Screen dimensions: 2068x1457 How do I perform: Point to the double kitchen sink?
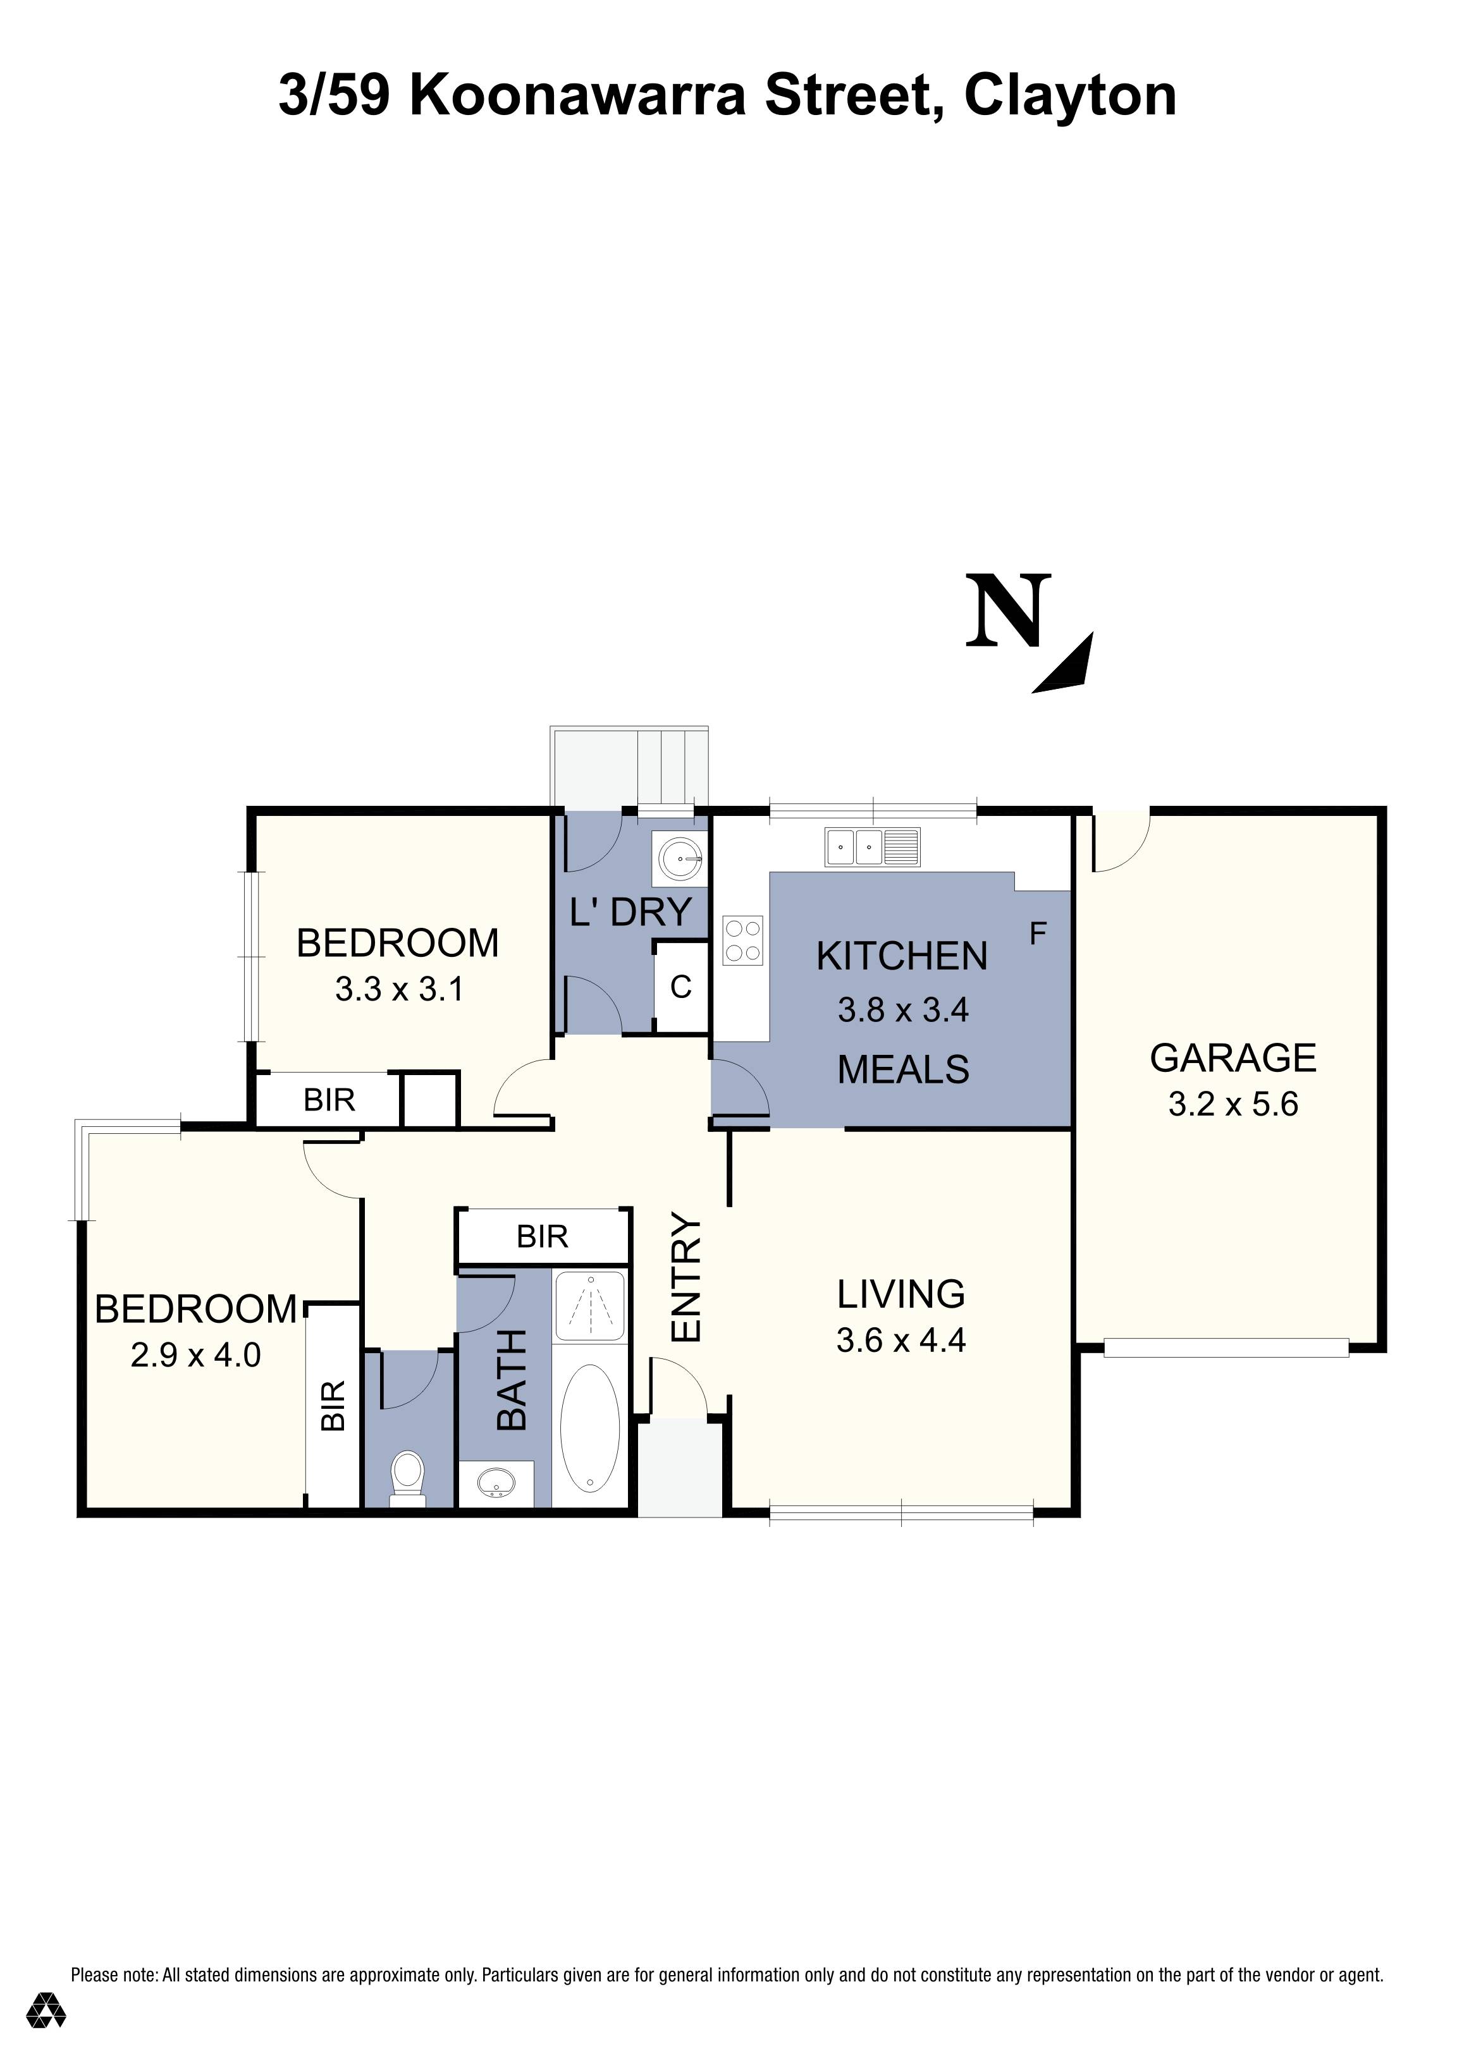pos(872,848)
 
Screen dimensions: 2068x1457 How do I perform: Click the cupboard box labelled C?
pos(681,987)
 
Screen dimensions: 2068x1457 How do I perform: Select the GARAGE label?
pos(1233,1057)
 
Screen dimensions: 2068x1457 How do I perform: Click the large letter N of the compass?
pos(1008,612)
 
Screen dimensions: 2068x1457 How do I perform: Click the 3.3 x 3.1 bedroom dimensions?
pos(398,989)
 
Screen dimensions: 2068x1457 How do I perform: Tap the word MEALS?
pos(903,1070)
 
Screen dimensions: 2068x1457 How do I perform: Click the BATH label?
pos(511,1381)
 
